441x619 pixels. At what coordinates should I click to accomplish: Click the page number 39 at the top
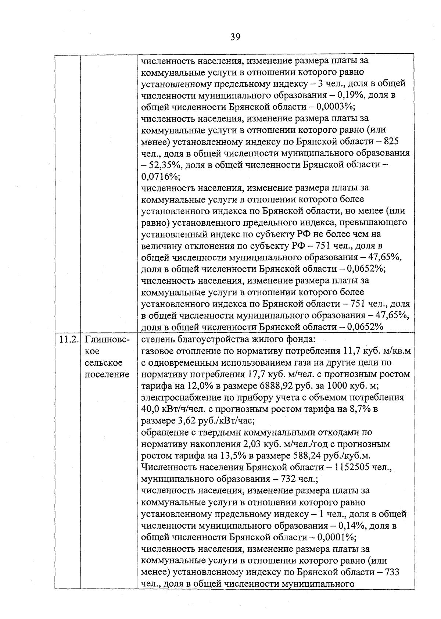[x=235, y=37]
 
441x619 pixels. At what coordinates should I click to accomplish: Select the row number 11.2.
[x=68, y=339]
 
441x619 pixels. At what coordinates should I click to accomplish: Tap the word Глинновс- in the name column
[x=107, y=339]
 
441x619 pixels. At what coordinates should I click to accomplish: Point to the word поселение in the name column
[x=107, y=375]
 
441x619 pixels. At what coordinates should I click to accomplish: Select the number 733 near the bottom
[x=392, y=572]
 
